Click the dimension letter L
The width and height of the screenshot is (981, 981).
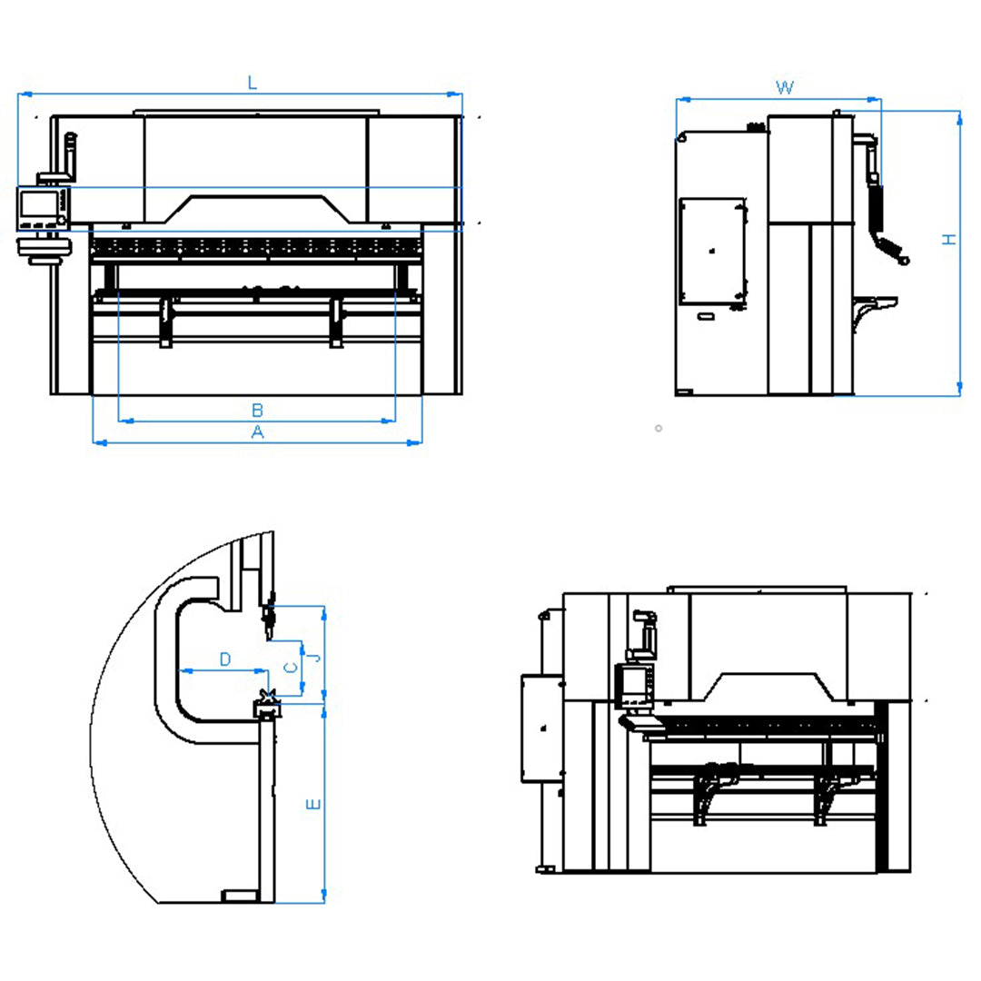[253, 83]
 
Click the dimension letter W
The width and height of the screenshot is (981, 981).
[785, 87]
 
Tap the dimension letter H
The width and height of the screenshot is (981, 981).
[950, 239]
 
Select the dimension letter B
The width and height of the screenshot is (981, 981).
[257, 411]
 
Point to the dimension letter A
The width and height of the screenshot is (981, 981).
[257, 431]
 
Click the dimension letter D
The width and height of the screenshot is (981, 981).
[225, 659]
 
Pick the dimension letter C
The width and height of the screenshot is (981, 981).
[291, 669]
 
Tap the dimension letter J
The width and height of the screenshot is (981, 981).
[317, 658]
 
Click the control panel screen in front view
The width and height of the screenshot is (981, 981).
[39, 204]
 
